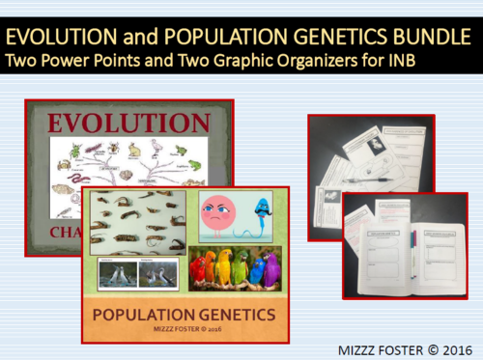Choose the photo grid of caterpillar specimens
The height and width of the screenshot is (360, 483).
coord(138,225)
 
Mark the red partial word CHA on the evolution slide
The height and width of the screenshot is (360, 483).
coord(68,232)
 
